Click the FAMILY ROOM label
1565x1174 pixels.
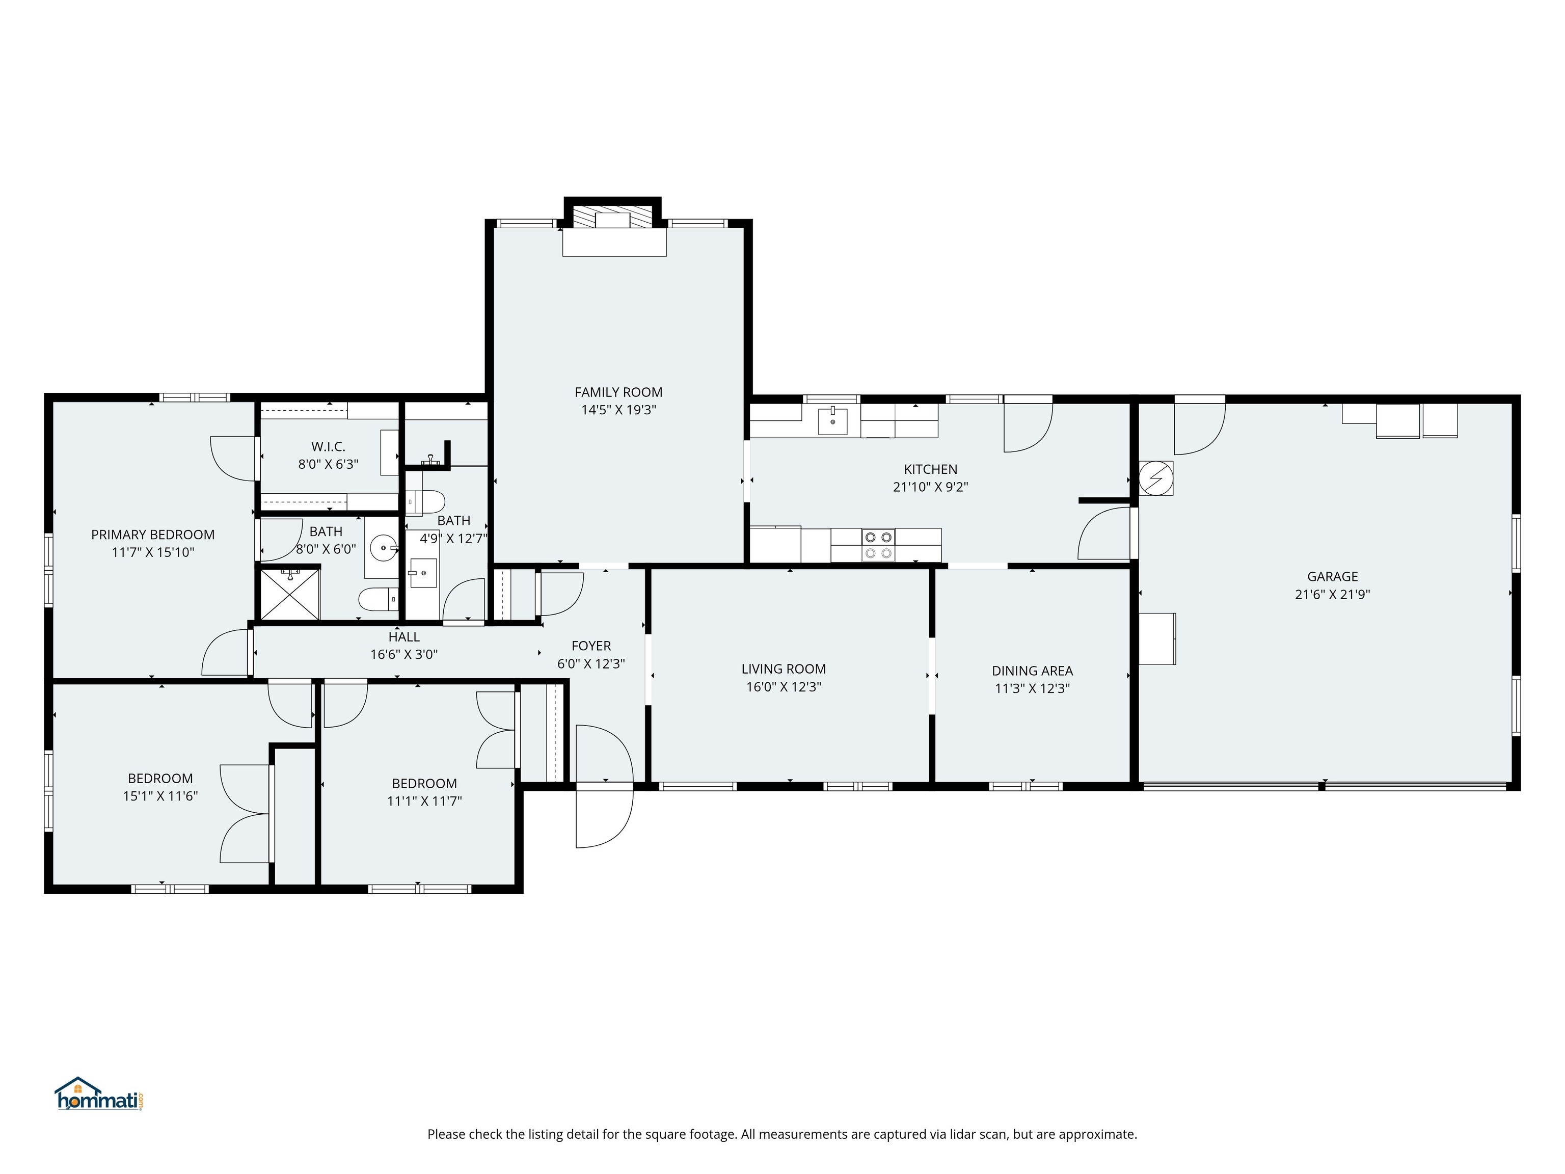tap(618, 392)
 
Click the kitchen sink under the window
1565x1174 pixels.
tap(833, 420)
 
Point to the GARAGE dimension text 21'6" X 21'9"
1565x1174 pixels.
tap(1332, 595)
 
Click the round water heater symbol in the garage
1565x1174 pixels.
tap(1155, 478)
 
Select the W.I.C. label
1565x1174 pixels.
tap(328, 446)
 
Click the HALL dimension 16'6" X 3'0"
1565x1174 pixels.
tap(404, 655)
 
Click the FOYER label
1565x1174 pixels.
tap(591, 646)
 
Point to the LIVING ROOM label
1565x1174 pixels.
tap(783, 669)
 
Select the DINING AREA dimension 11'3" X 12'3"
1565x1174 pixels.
tap(1032, 688)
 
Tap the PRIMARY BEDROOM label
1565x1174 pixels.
tap(153, 535)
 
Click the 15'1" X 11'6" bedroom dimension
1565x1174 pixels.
tap(160, 796)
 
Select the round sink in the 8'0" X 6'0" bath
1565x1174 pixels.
tap(384, 547)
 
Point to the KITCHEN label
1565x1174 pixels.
tap(930, 469)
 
